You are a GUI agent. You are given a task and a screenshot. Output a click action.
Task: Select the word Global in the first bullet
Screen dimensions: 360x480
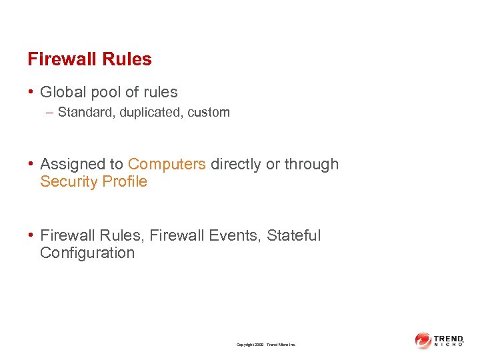62,92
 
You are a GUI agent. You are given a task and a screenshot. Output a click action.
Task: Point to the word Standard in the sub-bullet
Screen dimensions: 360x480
83,113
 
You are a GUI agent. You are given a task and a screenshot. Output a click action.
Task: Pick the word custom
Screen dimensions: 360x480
209,113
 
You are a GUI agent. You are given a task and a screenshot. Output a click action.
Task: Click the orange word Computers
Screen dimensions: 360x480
167,164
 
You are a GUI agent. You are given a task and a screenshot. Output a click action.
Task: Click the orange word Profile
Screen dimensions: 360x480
123,181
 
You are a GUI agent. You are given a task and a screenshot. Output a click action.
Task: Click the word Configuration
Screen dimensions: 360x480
87,253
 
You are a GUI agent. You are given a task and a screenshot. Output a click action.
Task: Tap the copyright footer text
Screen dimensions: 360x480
265,345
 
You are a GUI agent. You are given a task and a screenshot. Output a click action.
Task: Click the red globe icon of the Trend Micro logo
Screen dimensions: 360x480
423,340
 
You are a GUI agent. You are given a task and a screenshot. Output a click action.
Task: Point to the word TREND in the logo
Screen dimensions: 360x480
448,338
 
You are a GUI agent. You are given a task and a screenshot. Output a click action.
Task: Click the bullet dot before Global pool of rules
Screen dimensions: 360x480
32,92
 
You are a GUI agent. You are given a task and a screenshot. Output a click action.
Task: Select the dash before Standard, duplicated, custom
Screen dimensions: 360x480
51,113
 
